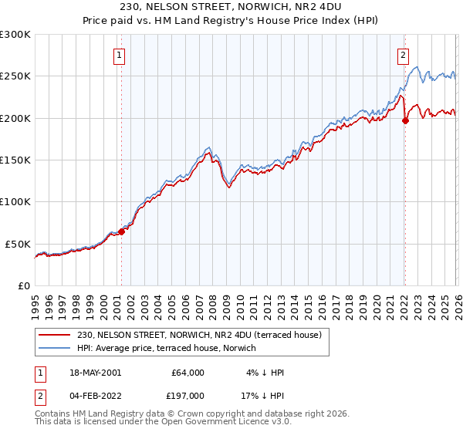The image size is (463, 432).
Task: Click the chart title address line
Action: click(x=231, y=8)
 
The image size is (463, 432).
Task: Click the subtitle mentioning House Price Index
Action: click(x=231, y=21)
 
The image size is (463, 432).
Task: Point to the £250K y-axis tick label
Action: click(x=15, y=76)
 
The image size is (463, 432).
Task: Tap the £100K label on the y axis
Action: click(x=15, y=201)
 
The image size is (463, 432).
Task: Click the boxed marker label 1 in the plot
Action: click(x=120, y=55)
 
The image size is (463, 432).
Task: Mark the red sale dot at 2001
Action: click(x=121, y=231)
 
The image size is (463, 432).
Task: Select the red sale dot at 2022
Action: click(x=404, y=120)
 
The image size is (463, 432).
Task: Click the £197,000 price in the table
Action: click(x=188, y=397)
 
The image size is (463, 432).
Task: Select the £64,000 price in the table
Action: click(x=188, y=373)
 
